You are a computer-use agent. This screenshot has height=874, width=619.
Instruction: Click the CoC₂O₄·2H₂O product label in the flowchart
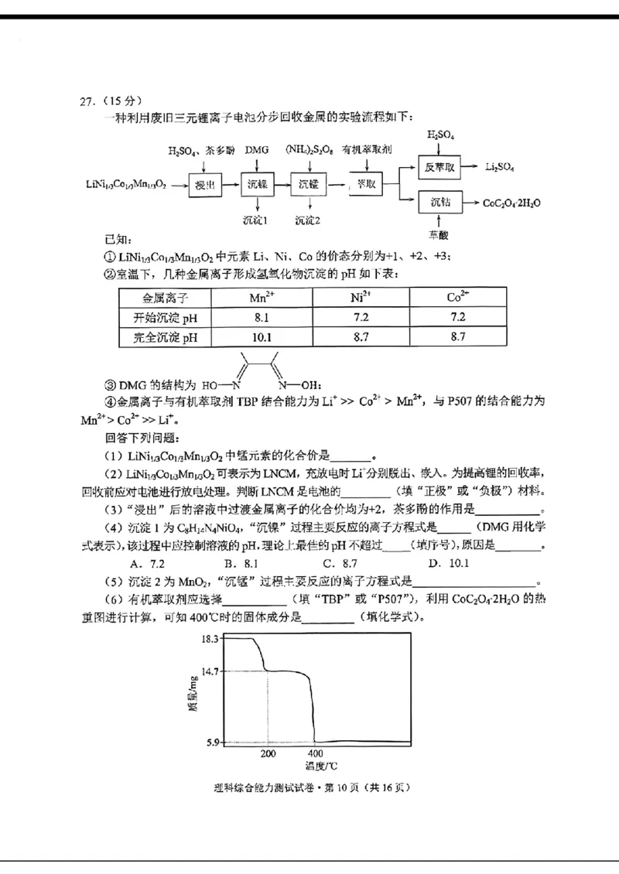click(511, 203)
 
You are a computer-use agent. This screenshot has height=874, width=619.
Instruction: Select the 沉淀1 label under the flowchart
click(255, 220)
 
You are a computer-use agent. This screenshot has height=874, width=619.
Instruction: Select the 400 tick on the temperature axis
click(314, 753)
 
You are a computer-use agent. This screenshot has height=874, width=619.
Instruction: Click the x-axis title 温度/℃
click(320, 766)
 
